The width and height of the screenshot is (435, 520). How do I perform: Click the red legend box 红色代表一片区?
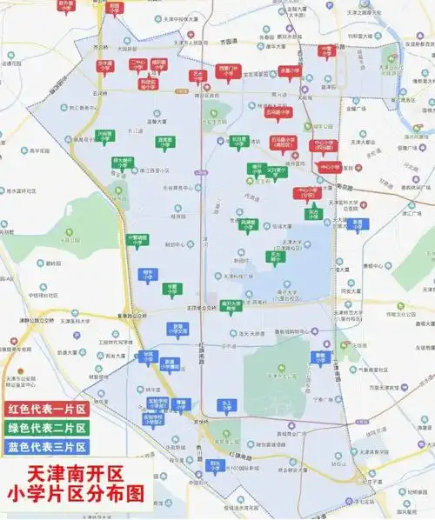46,408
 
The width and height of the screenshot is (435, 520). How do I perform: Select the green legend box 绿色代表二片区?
46,427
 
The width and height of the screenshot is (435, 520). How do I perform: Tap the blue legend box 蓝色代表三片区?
46,447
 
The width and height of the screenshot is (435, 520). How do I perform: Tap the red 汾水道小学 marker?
104,65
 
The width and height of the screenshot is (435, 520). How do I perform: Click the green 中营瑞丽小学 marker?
137,238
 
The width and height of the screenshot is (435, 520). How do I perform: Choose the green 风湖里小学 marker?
249,223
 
